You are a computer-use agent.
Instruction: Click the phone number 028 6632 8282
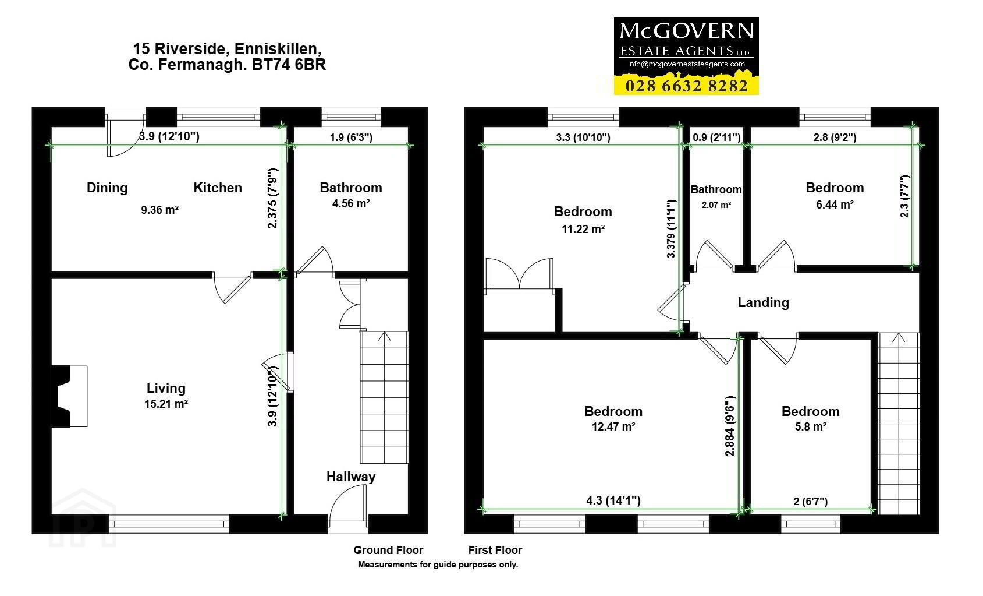[x=686, y=86]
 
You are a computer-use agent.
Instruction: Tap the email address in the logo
[x=686, y=64]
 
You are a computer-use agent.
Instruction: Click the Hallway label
[x=350, y=477]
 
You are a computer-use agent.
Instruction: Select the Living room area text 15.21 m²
[x=166, y=404]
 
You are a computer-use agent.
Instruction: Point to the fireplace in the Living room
[x=69, y=396]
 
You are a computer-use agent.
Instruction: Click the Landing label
[x=763, y=302]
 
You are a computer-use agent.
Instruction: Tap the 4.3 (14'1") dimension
[x=613, y=500]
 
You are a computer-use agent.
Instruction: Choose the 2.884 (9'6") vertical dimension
[x=729, y=426]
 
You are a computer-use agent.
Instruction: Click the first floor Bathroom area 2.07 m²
[x=716, y=205]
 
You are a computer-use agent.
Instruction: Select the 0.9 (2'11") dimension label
[x=716, y=137]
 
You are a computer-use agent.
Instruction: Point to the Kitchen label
[x=218, y=188]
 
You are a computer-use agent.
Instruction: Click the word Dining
[x=107, y=188]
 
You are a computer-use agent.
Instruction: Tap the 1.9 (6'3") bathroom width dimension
[x=351, y=137]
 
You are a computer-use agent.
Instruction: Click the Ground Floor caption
[x=388, y=551]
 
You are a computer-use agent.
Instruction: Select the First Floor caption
[x=495, y=551]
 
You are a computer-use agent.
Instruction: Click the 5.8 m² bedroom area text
[x=811, y=427]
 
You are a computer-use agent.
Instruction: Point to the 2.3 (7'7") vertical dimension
[x=904, y=196]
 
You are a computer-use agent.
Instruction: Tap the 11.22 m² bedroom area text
[x=583, y=230]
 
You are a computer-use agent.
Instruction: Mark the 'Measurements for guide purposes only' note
[x=438, y=565]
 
